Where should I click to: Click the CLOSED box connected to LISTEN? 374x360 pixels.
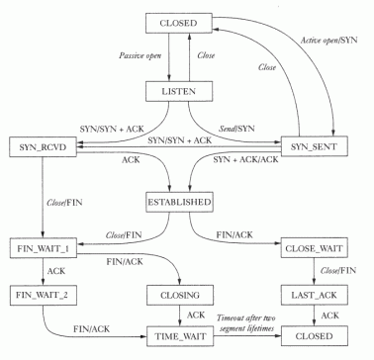click(180, 22)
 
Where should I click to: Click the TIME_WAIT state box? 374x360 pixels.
click(180, 336)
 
